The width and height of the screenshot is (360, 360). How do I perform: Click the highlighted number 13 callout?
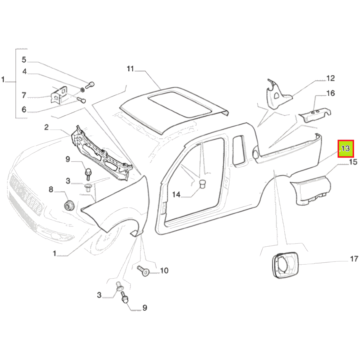[x=345, y=149]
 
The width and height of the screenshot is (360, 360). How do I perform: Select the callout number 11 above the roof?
[x=130, y=69]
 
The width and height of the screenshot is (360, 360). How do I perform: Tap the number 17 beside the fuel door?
[x=354, y=259]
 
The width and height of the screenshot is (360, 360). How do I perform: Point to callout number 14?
[x=176, y=195]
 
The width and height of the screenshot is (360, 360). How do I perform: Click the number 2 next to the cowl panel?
[x=46, y=127]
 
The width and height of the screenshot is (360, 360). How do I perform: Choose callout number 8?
[x=51, y=190]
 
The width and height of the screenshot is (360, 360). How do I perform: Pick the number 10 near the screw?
[x=165, y=270]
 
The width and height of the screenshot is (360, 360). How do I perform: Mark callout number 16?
[x=330, y=93]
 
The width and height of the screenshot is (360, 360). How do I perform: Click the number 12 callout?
[x=330, y=78]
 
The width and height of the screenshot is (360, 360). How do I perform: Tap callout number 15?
[x=353, y=162]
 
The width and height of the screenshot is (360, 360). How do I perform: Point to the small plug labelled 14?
[x=202, y=184]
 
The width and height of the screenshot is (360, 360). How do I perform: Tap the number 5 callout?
[x=24, y=60]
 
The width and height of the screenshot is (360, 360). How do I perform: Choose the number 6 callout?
[x=24, y=109]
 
